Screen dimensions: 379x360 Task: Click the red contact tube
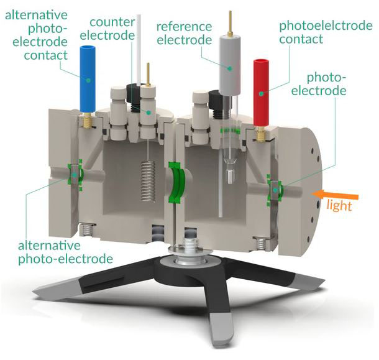pos(262,93)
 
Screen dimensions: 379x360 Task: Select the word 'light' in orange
pos(339,205)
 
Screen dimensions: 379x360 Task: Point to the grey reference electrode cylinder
pos(230,65)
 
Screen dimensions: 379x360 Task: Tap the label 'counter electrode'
pos(107,29)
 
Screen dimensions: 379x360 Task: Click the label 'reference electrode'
pos(184,34)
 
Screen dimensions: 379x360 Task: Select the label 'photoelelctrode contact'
pos(326,32)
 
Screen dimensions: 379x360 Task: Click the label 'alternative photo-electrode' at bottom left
pos(65,252)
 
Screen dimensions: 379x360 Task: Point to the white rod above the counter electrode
pos(139,50)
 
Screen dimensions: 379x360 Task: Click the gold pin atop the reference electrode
pos(231,24)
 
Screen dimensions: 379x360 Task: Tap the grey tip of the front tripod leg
pos(221,330)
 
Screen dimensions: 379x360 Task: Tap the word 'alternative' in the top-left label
pos(36,15)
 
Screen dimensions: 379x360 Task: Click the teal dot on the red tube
pos(262,93)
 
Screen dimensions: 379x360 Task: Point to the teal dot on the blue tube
pos(88,80)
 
